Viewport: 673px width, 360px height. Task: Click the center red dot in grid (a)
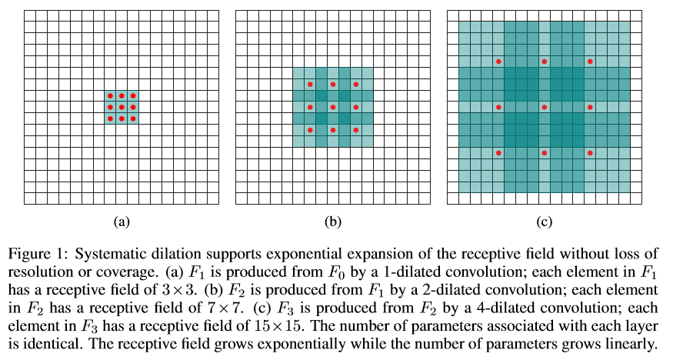tap(122, 107)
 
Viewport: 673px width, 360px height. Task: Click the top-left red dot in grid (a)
tap(110, 95)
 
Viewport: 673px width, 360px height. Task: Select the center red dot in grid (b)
tap(333, 107)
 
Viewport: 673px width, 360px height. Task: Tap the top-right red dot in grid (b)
tap(356, 84)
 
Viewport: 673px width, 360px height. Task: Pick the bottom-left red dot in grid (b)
tap(310, 130)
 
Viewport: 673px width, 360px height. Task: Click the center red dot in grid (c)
tap(545, 107)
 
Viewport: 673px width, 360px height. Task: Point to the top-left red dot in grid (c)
tap(498, 61)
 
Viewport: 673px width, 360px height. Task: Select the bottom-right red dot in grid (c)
tap(591, 153)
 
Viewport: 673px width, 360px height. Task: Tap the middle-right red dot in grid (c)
tap(591, 107)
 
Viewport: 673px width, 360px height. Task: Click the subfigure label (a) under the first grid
tap(121, 222)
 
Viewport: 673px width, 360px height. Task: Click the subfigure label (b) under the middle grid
tap(332, 222)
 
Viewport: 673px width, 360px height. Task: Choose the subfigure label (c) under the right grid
tap(544, 222)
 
